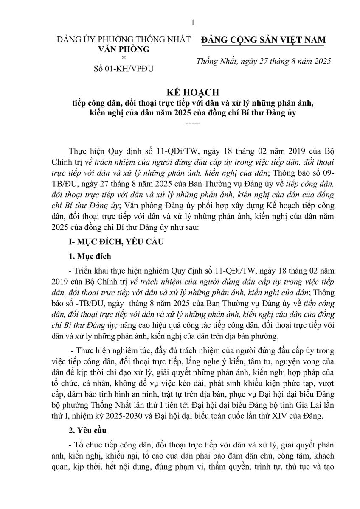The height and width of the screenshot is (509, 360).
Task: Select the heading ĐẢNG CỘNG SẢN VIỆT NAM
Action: click(x=264, y=40)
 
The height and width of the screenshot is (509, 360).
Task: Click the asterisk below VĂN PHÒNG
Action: click(x=124, y=59)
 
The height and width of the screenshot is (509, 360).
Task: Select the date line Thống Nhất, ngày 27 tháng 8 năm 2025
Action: click(x=264, y=62)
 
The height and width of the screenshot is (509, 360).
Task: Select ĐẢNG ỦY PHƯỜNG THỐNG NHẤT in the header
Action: click(x=124, y=40)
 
